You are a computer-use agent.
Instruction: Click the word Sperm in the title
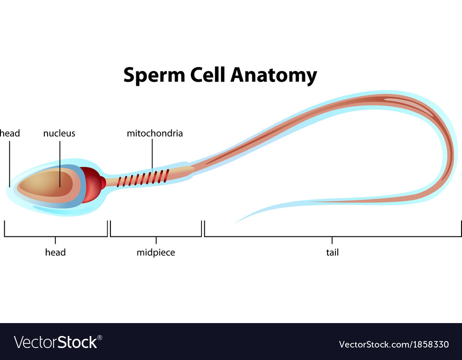coord(154,75)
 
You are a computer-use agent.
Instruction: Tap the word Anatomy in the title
coord(274,76)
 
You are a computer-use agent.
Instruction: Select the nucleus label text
coord(59,133)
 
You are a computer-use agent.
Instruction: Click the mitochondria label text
coord(155,133)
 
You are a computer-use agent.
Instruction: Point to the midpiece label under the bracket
coord(156,252)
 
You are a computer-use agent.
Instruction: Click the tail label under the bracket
coord(332,252)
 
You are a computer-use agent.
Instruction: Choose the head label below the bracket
coord(55,252)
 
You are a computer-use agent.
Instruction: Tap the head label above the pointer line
coord(10,133)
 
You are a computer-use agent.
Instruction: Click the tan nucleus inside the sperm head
coord(45,184)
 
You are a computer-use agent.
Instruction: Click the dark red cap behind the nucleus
coord(93,185)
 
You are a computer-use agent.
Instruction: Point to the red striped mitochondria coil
coord(143,178)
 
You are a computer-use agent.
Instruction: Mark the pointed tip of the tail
coord(236,223)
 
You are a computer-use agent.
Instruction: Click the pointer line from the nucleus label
coord(60,164)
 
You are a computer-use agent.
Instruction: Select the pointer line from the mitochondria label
coord(152,154)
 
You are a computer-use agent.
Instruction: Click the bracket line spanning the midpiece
coord(156,236)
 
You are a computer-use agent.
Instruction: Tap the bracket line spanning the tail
coord(332,236)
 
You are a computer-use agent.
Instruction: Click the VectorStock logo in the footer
coord(58,342)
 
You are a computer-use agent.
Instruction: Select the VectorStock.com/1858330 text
coord(394,344)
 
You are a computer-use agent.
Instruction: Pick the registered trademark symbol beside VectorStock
coord(100,338)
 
